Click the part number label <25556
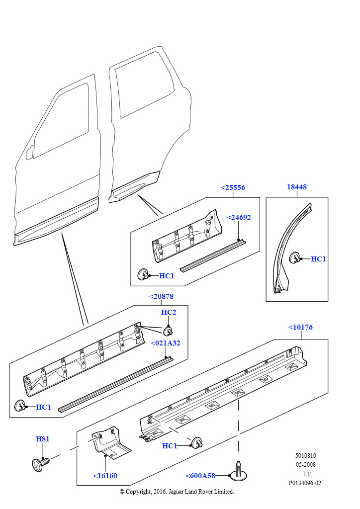click(233, 187)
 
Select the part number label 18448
click(297, 187)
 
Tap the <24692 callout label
click(239, 218)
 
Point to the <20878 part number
click(161, 296)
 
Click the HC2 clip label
click(169, 312)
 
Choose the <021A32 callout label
click(165, 343)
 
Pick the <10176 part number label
click(301, 327)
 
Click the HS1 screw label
click(43, 439)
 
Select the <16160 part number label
click(105, 476)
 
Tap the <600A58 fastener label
click(200, 476)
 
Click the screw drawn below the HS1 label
click(40, 464)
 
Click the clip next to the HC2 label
click(168, 331)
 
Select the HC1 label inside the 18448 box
click(318, 259)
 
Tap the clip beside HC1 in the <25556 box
click(143, 274)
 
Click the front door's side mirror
click(29, 152)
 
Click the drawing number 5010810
click(305, 456)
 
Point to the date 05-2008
click(305, 465)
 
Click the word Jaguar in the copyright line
click(176, 492)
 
